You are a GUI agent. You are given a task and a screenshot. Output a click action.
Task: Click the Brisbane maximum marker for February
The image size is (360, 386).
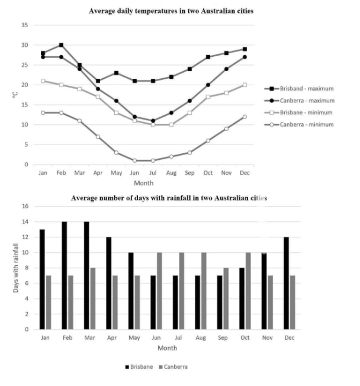click(61, 45)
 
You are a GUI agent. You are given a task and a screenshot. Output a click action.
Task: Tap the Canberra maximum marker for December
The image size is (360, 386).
click(244, 57)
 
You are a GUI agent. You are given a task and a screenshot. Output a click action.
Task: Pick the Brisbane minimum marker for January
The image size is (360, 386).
click(43, 81)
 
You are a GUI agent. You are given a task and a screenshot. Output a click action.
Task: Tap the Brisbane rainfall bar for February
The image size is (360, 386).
click(64, 275)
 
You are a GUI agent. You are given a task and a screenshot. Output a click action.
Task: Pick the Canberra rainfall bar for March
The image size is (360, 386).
click(92, 298)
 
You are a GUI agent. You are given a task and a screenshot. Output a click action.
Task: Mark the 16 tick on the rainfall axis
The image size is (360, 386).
click(25, 206)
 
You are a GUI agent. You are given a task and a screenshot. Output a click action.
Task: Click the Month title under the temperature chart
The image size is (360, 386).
click(143, 183)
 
